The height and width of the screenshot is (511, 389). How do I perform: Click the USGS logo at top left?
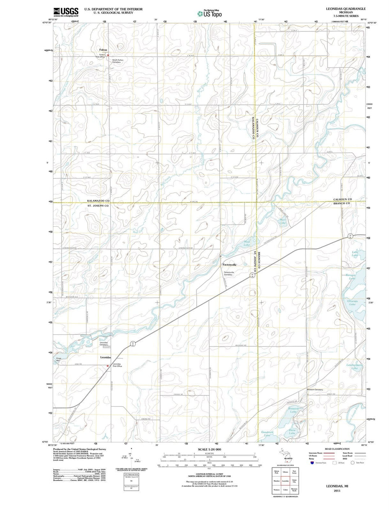(x=66, y=12)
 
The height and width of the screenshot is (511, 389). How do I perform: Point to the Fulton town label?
(x=103, y=50)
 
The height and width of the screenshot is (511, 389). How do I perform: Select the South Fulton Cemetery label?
(x=117, y=61)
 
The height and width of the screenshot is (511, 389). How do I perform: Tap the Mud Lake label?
(x=247, y=243)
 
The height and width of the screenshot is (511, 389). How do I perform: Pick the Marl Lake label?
(x=283, y=221)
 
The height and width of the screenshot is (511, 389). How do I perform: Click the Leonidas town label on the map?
(x=105, y=357)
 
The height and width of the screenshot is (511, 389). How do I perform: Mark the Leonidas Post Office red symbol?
(x=107, y=366)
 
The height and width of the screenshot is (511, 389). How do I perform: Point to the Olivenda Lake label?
(x=352, y=302)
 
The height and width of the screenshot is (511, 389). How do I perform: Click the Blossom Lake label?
(x=293, y=410)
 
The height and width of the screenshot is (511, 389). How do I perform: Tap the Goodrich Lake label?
(x=267, y=434)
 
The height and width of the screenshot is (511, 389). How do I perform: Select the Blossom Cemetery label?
(x=315, y=390)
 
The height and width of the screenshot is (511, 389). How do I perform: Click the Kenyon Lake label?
(x=351, y=277)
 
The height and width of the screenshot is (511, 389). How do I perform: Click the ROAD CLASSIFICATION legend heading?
(x=337, y=449)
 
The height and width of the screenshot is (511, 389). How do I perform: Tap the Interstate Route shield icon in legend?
(x=312, y=463)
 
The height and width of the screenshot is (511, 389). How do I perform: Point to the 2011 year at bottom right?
(x=337, y=490)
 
